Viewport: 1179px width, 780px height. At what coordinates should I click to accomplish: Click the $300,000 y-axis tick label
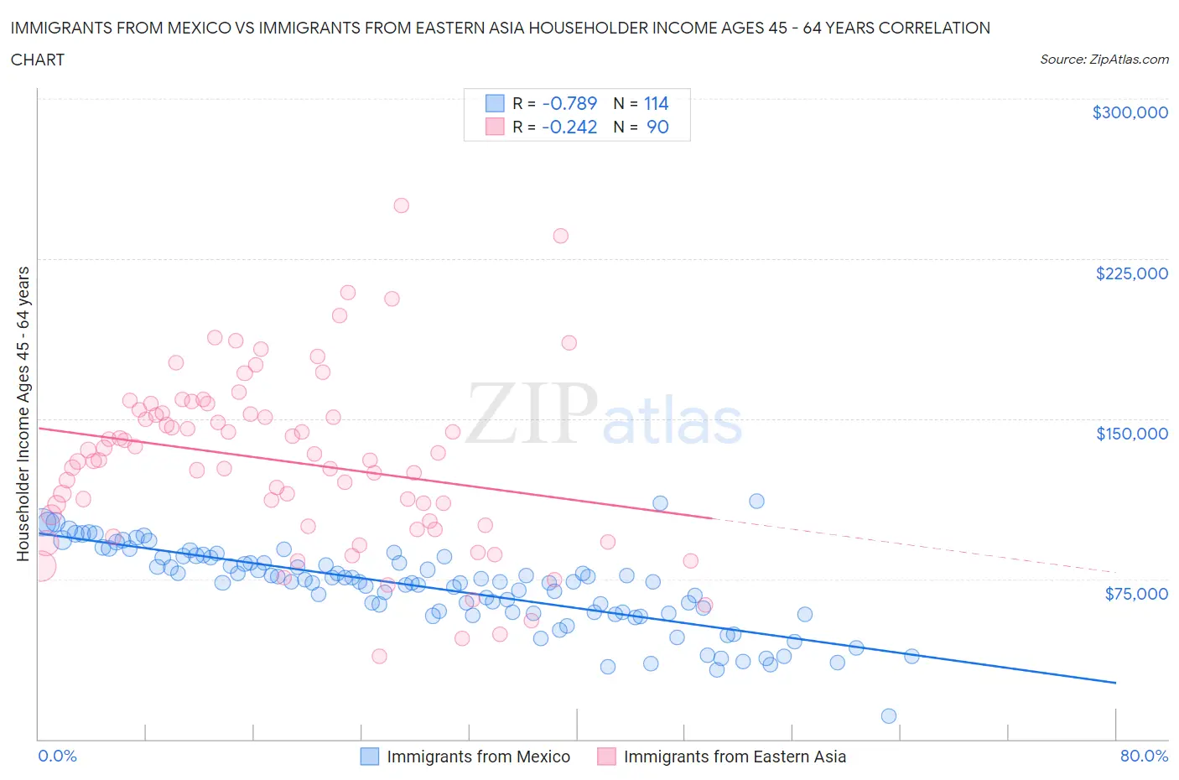click(x=1130, y=112)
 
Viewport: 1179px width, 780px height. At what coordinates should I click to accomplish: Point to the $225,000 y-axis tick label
click(x=1131, y=273)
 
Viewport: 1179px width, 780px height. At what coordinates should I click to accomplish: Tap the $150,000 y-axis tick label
click(x=1131, y=434)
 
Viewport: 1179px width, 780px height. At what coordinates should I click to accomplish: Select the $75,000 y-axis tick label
click(x=1135, y=594)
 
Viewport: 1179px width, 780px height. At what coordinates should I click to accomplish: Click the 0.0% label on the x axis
click(x=57, y=756)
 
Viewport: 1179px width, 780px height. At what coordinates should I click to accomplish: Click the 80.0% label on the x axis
click(x=1144, y=756)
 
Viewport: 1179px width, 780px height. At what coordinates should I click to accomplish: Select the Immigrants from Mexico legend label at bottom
click(x=478, y=757)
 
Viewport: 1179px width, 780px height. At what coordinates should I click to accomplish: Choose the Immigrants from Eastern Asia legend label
click(x=735, y=757)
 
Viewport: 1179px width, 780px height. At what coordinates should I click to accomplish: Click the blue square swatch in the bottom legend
click(x=370, y=757)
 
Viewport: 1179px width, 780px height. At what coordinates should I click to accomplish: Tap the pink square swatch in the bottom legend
click(x=606, y=757)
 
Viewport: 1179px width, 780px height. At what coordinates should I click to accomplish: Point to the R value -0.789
click(x=569, y=103)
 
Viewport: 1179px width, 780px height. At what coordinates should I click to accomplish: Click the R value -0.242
click(x=569, y=127)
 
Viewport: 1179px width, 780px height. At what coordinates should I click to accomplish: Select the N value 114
click(x=656, y=103)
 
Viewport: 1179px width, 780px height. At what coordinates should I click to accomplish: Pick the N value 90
click(x=657, y=127)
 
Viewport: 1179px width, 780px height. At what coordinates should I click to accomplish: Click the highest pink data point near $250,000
click(x=401, y=205)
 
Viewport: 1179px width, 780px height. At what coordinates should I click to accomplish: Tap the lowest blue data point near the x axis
click(x=889, y=715)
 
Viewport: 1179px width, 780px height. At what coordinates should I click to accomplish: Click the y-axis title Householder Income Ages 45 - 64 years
click(x=23, y=413)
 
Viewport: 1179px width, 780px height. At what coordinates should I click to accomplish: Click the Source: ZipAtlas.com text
click(x=1104, y=60)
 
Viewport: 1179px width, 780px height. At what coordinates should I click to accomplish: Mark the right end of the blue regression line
click(x=1115, y=683)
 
